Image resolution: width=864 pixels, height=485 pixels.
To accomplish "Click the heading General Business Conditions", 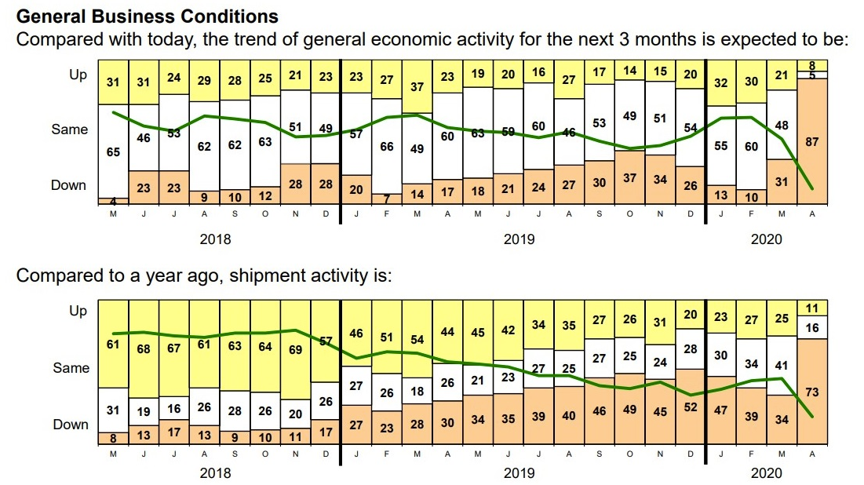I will tap(147, 16).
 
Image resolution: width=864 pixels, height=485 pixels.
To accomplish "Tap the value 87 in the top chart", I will tap(812, 142).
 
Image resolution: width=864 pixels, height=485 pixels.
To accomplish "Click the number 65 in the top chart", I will tap(113, 151).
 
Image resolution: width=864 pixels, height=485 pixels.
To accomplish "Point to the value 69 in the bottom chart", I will tap(295, 349).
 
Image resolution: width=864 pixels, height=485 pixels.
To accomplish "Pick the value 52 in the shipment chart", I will tap(690, 407).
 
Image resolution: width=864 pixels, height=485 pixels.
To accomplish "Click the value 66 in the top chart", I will tap(386, 147).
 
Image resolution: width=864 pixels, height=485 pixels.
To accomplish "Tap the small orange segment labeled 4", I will tap(113, 201).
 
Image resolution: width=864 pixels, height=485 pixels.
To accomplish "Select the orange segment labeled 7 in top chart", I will tap(386, 199).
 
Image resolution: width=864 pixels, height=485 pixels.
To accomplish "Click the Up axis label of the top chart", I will tap(78, 75).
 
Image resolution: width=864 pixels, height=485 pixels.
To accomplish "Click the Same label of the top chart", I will tap(69, 129).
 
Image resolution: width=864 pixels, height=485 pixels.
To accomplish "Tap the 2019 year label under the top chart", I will tap(519, 239).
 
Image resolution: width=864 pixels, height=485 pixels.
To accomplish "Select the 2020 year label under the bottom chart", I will tap(766, 473).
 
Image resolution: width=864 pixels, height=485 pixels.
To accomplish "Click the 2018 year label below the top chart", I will tap(215, 239).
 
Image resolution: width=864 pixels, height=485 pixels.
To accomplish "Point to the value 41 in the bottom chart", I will tap(781, 366).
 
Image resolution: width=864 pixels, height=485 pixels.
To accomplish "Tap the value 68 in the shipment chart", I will tap(144, 348).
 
